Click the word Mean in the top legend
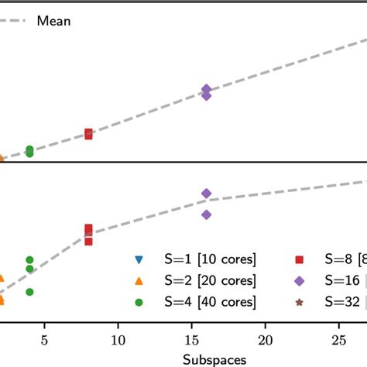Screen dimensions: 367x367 tap(54, 21)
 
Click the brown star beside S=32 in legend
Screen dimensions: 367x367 tap(300, 301)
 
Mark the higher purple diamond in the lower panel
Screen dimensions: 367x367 tap(207, 193)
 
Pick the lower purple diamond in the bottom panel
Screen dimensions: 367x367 tap(207, 214)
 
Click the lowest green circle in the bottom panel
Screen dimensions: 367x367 tap(29, 292)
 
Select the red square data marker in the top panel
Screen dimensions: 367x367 tap(88, 134)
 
